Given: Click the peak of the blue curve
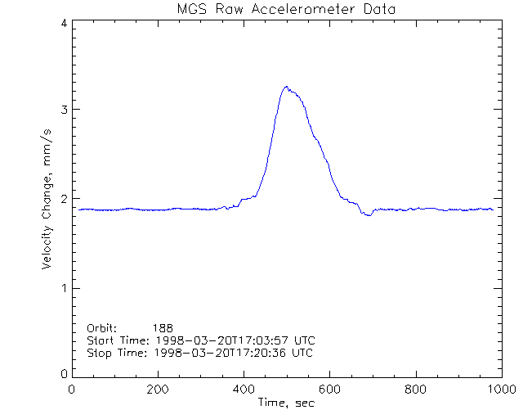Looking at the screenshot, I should pyautogui.click(x=286, y=87).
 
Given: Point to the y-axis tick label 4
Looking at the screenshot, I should pyautogui.click(x=63, y=23).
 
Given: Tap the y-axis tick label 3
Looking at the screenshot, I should pyautogui.click(x=63, y=110).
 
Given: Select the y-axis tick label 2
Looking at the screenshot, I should pyautogui.click(x=63, y=199).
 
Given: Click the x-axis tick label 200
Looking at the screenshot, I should pyautogui.click(x=158, y=390).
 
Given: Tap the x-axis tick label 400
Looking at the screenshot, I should pyautogui.click(x=244, y=390).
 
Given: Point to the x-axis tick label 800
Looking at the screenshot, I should pyautogui.click(x=416, y=390).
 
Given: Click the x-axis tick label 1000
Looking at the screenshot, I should pyautogui.click(x=501, y=390).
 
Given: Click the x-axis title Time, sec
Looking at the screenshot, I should pyautogui.click(x=286, y=403).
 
